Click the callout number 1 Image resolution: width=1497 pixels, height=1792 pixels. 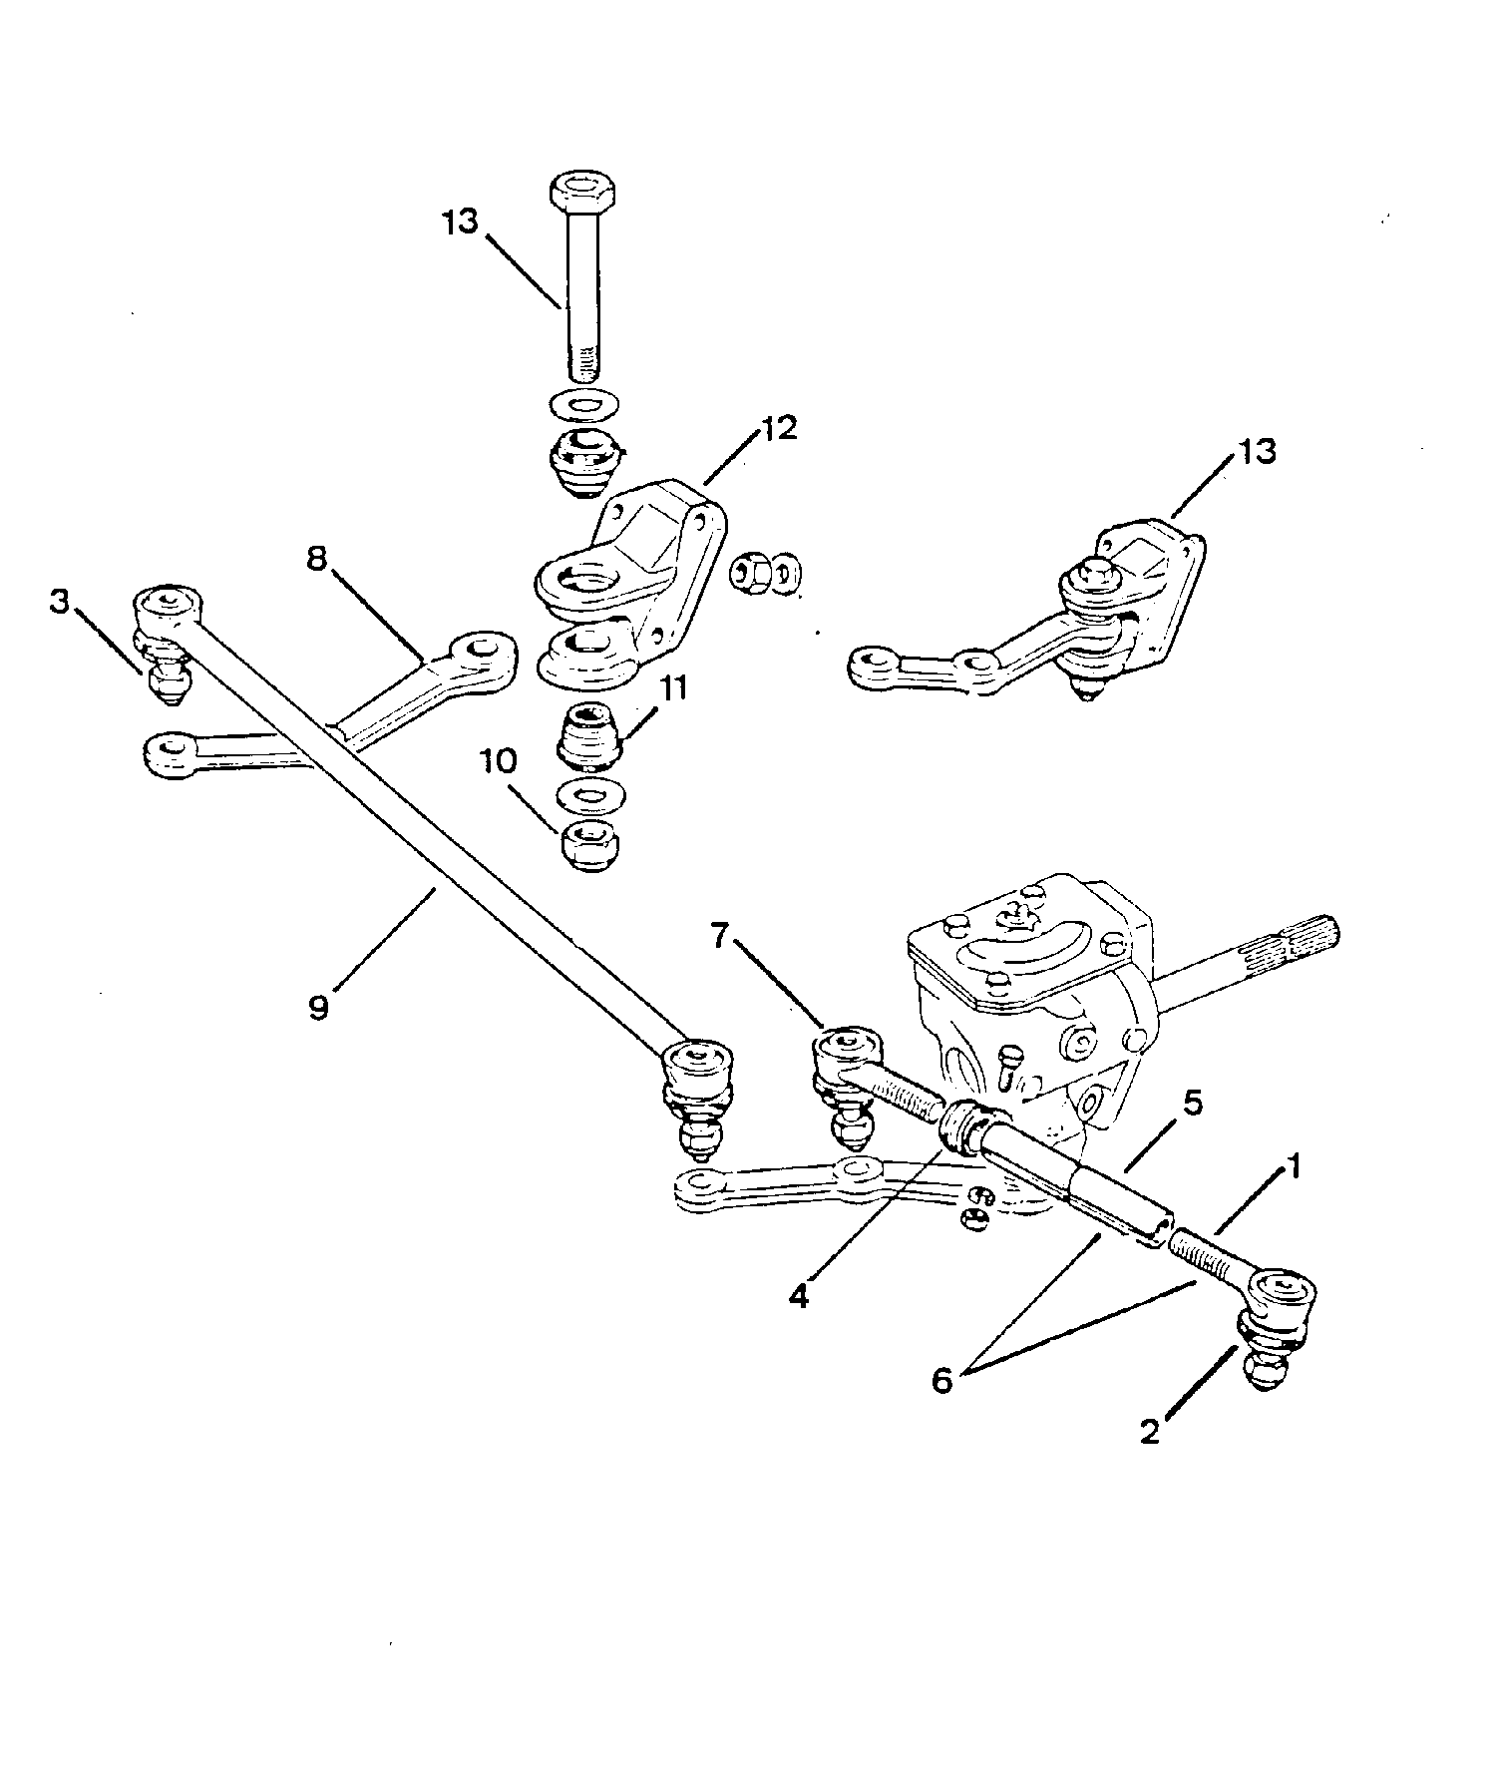(1293, 1166)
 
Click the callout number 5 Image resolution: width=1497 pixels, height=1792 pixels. (1192, 1104)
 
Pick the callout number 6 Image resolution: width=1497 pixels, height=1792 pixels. (941, 1381)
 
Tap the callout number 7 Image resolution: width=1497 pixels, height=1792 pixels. (721, 938)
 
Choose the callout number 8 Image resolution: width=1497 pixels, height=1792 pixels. (316, 560)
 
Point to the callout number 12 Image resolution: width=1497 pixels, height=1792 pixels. (780, 429)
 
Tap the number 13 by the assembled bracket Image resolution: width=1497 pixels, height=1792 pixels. (1258, 451)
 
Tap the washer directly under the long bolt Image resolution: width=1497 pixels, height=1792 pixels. (583, 406)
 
